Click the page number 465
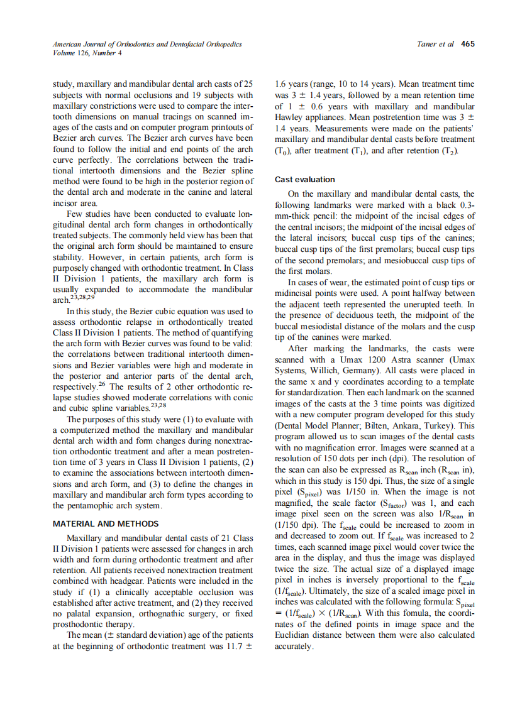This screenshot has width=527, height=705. tap(467, 44)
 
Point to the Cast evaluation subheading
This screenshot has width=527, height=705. tap(305, 180)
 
